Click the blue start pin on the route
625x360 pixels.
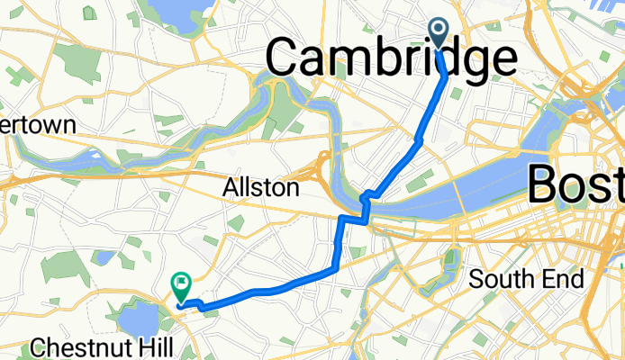(x=439, y=33)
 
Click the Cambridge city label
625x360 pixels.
(x=391, y=59)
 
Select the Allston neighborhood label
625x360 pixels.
(x=261, y=188)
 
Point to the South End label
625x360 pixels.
(x=527, y=279)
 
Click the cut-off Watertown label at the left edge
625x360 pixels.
(x=36, y=125)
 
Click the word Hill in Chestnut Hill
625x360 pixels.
(x=142, y=347)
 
